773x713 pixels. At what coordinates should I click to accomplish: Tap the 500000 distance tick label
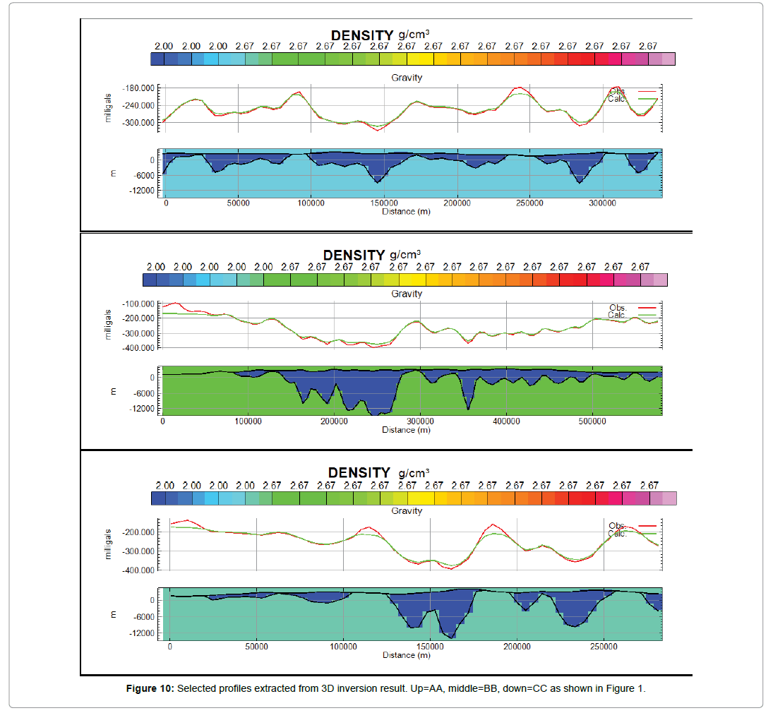pyautogui.click(x=592, y=421)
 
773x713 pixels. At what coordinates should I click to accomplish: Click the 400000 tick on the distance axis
pyautogui.click(x=506, y=421)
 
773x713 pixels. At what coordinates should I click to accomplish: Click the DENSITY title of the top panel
pyautogui.click(x=362, y=35)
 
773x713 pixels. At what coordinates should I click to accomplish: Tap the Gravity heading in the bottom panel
pyautogui.click(x=407, y=510)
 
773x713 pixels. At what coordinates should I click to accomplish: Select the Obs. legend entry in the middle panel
pyautogui.click(x=618, y=308)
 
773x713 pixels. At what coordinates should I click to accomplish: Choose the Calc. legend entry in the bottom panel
pyautogui.click(x=618, y=534)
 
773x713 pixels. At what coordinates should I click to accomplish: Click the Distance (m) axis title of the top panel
pyautogui.click(x=406, y=211)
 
